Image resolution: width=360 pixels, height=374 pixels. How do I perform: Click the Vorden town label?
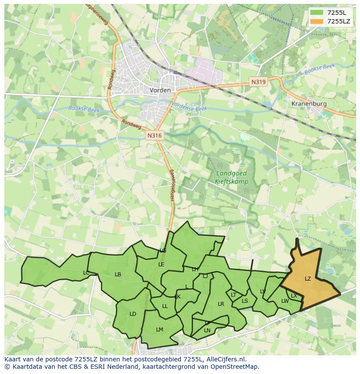160,90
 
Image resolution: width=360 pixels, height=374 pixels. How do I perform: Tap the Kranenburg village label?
309,104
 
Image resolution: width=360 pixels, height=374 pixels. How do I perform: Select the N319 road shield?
258,82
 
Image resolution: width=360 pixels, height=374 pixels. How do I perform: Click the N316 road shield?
154,136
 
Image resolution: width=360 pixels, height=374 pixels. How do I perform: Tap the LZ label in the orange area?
308,279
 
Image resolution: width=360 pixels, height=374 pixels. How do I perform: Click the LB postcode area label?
118,275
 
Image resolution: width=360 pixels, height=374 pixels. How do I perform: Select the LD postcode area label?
133,314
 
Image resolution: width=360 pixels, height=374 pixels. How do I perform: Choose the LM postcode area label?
160,330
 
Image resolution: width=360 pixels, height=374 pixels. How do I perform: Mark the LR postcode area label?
221,304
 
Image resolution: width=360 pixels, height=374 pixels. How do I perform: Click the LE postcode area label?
161,264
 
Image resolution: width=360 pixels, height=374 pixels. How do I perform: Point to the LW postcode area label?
285,301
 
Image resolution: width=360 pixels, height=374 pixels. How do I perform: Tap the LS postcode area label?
245,301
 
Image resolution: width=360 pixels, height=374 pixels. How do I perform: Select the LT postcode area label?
233,295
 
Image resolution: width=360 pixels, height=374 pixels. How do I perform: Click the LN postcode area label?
207,331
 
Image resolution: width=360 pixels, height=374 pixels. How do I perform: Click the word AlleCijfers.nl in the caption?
226,359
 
